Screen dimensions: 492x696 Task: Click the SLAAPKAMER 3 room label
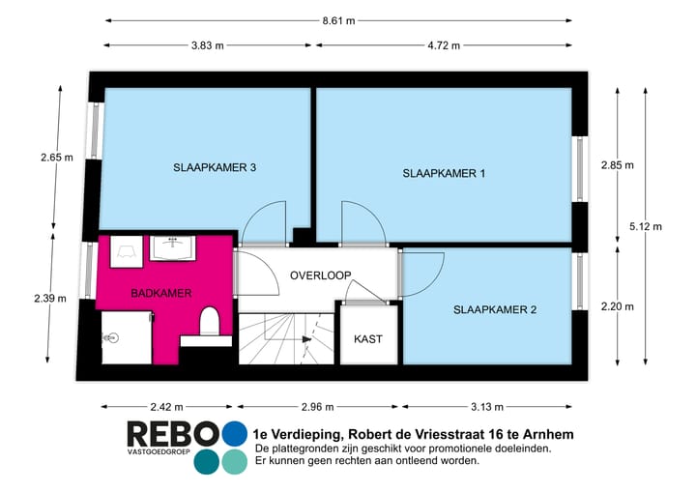[x=215, y=167]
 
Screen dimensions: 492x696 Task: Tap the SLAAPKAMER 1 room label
[x=443, y=173]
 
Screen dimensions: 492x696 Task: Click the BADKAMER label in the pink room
[x=160, y=292]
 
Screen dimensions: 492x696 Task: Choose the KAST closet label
[x=367, y=339]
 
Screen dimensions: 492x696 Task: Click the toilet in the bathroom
[x=208, y=322]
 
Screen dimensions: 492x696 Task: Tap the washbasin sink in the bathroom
[x=175, y=247]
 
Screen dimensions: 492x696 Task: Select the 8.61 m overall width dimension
[x=337, y=18]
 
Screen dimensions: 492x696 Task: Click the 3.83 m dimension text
[x=207, y=45]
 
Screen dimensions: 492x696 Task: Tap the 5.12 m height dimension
[x=645, y=226]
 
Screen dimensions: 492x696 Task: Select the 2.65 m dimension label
[x=56, y=157]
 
